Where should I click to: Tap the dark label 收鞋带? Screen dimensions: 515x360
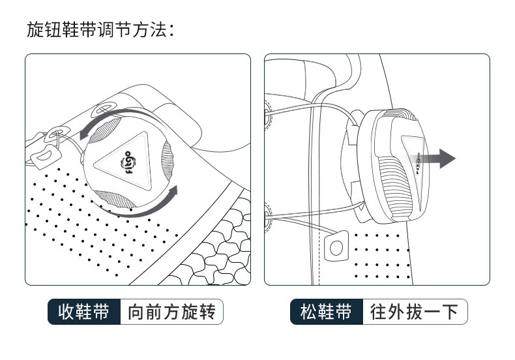[84, 312]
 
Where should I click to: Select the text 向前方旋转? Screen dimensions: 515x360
[171, 312]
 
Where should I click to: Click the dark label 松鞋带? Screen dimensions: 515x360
[327, 312]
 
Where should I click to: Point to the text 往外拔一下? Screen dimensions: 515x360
[415, 312]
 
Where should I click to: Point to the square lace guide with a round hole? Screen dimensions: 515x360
[337, 246]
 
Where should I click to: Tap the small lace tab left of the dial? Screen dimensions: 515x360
[44, 155]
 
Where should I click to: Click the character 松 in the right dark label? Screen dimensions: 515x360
[309, 312]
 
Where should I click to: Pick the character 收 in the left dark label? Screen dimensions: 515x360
[66, 312]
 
